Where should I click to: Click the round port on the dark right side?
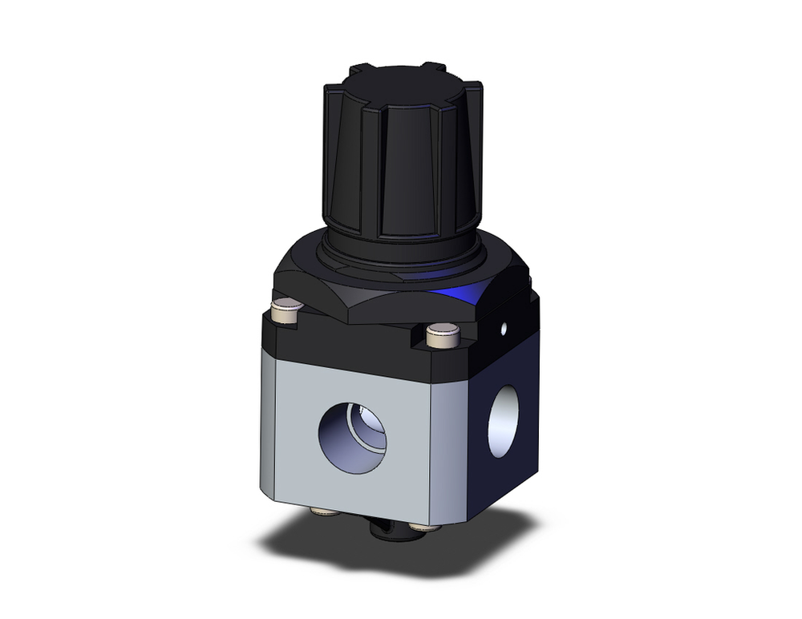[503, 422]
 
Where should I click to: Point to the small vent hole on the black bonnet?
[504, 328]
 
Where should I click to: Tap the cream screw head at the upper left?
[285, 307]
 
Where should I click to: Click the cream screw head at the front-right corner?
[442, 334]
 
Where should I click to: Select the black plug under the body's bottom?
[383, 529]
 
